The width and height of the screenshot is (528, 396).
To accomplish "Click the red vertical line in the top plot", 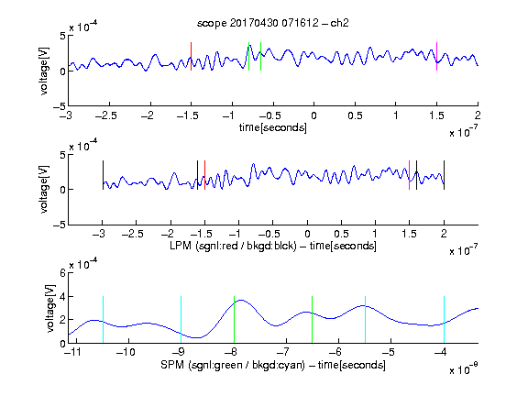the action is [x=191, y=57].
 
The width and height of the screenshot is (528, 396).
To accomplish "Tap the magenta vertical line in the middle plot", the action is [x=409, y=175].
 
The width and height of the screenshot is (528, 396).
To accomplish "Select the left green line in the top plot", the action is [x=248, y=57].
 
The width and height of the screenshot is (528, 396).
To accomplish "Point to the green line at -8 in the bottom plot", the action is [x=234, y=320].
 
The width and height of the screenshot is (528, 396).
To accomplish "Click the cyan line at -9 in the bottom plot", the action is [x=181, y=320].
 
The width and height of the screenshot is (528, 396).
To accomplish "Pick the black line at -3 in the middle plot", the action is [x=103, y=175].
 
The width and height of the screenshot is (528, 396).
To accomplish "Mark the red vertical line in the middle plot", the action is [x=204, y=175].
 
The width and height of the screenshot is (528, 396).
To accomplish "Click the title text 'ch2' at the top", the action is [x=339, y=23].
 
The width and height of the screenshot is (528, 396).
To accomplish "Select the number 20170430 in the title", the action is [x=254, y=23].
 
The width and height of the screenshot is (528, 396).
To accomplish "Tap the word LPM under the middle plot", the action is [x=181, y=246].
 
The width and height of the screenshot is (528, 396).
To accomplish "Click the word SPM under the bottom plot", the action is [x=172, y=365].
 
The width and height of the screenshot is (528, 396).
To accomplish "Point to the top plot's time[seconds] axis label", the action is [x=273, y=127].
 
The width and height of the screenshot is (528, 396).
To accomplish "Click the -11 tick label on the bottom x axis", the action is [x=72, y=352].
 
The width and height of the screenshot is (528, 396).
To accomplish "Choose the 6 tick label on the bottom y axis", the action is [x=62, y=273].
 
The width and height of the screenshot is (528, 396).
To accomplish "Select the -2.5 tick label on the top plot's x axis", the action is [x=106, y=115].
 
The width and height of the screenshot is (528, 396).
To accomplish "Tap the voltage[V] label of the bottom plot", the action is [x=50, y=308].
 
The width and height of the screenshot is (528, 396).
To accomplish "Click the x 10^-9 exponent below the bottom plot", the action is [x=464, y=369].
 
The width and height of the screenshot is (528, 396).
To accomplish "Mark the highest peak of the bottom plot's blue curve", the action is [x=241, y=300].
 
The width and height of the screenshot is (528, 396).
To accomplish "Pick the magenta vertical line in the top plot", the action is [x=436, y=57].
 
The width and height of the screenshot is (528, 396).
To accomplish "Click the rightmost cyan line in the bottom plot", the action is [x=445, y=320].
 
